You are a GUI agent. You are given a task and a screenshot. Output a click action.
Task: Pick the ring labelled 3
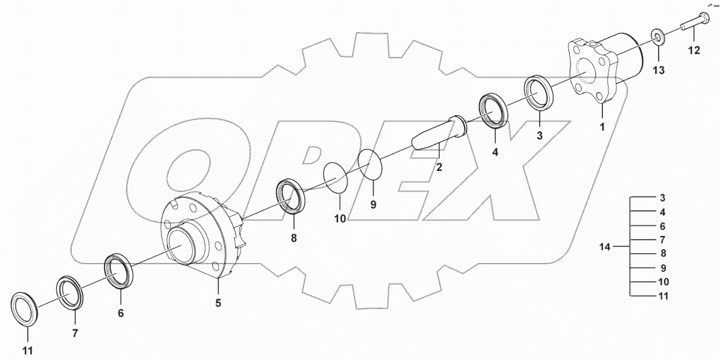click(x=538, y=93)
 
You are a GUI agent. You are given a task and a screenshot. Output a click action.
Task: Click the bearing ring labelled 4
click(x=495, y=111)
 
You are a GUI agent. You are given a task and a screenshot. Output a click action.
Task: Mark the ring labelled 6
click(x=118, y=270)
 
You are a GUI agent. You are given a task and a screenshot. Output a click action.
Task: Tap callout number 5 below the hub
click(x=219, y=303)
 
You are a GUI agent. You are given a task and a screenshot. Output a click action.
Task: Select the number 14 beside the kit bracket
click(x=604, y=247)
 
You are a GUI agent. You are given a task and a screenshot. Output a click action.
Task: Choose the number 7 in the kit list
click(x=662, y=240)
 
